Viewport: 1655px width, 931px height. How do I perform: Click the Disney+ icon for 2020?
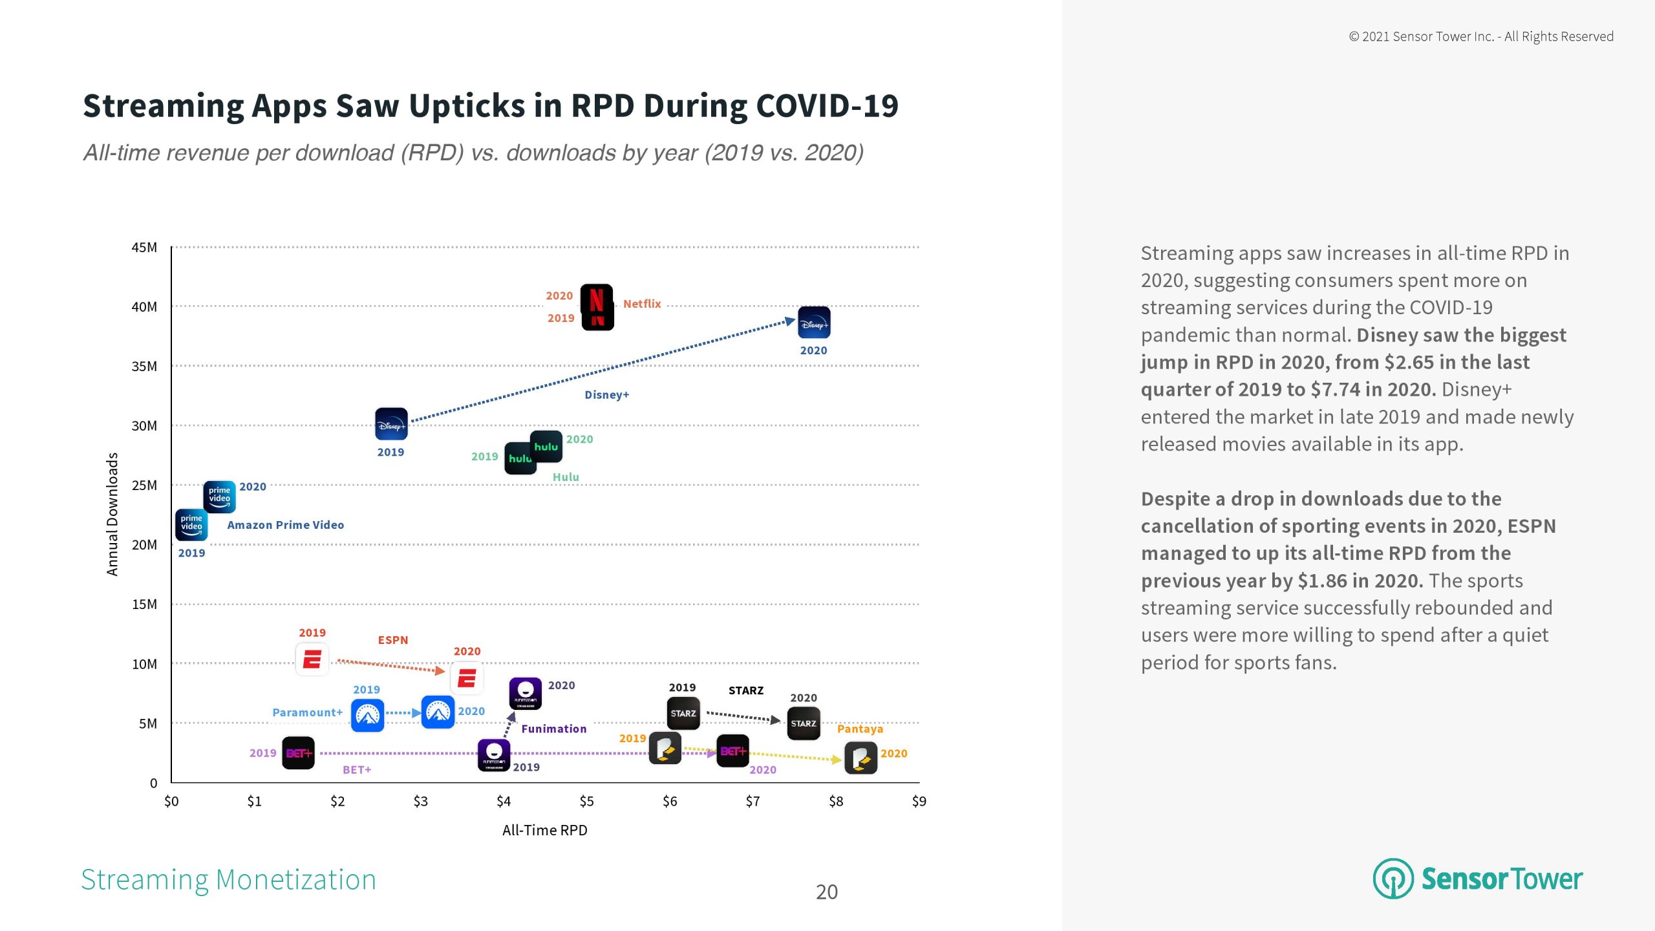814,323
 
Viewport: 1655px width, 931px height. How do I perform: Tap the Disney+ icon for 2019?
391,424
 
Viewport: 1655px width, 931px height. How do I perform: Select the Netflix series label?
642,304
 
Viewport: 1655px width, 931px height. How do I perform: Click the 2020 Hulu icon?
546,446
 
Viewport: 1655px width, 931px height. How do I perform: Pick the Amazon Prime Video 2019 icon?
191,524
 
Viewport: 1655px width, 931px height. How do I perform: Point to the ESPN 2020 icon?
467,678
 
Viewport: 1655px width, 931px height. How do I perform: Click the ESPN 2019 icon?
312,659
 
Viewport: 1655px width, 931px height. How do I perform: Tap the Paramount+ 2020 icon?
438,712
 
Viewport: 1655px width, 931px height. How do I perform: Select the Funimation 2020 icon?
526,693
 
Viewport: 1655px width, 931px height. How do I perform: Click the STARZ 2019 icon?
683,713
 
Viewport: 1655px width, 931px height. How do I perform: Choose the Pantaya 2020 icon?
861,758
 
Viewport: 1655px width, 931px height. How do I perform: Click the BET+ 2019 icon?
299,753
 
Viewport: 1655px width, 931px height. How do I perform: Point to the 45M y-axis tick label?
144,248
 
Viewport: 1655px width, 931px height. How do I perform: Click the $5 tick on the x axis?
586,802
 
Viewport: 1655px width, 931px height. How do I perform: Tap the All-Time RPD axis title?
544,830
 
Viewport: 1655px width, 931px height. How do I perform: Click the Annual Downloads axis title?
112,514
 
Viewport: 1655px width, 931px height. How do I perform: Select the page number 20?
827,892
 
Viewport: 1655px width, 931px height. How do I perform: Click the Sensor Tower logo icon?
1393,879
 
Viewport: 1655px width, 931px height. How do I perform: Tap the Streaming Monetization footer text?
228,880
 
